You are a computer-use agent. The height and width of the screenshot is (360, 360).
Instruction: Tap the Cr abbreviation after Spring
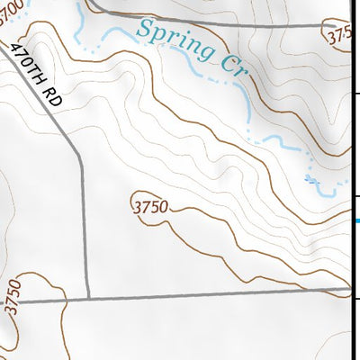coord(231,66)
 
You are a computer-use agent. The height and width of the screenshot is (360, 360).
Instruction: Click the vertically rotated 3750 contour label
coord(11,297)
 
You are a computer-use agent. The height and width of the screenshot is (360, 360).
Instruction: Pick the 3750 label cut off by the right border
coord(339,37)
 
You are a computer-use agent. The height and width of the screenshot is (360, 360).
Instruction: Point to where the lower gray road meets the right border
coord(349,291)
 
